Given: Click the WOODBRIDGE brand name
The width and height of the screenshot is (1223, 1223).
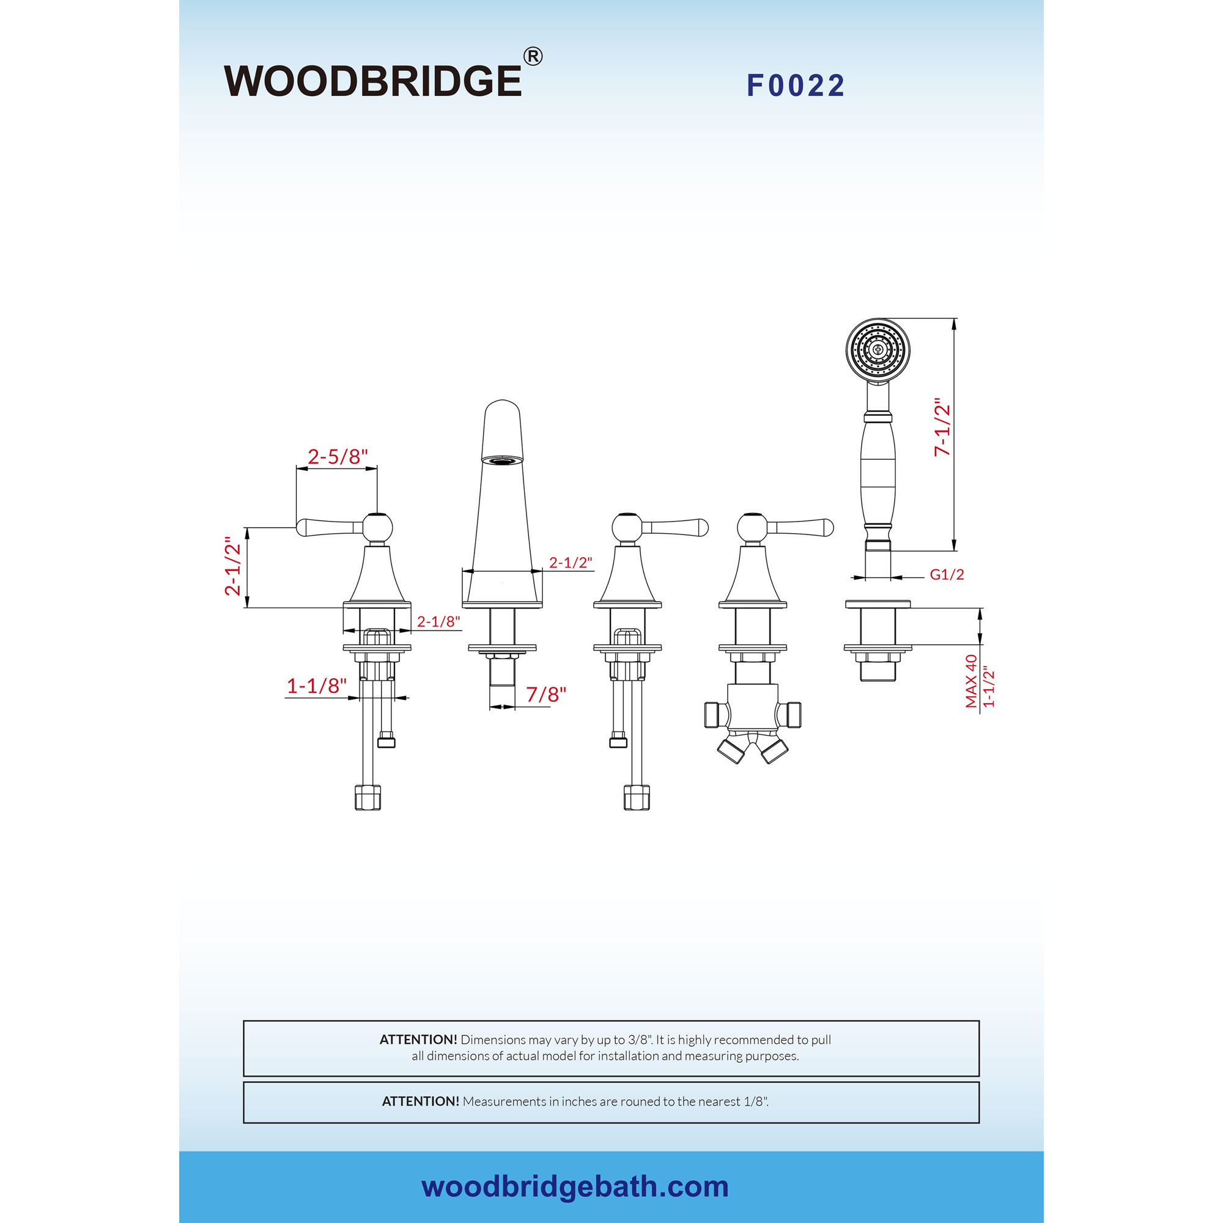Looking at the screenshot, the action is [x=373, y=81].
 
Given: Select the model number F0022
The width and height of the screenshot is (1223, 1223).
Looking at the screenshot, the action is [x=796, y=86].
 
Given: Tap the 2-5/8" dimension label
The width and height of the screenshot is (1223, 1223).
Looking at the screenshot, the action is [x=338, y=456].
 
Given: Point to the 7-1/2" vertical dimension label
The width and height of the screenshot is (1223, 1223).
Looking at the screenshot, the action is [x=942, y=427].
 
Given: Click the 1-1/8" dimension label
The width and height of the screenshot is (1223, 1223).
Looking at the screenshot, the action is [x=317, y=685].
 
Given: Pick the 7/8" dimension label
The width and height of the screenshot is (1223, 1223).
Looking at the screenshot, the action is [x=546, y=695].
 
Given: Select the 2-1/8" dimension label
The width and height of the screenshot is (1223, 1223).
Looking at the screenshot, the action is [x=438, y=622].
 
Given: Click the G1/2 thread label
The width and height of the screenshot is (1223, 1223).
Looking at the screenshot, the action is [x=947, y=574].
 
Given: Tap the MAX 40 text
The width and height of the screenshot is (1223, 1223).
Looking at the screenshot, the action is [x=971, y=681].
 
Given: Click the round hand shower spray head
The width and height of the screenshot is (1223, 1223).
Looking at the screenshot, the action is [x=878, y=349].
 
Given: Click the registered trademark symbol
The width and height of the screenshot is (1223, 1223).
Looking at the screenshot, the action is [x=533, y=56].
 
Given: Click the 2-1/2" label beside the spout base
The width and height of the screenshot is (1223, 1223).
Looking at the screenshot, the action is [x=571, y=562].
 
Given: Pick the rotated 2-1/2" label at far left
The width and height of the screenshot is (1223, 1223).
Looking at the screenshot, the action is [x=233, y=566].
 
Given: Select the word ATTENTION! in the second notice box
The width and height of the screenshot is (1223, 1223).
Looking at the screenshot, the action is [x=420, y=1101].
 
